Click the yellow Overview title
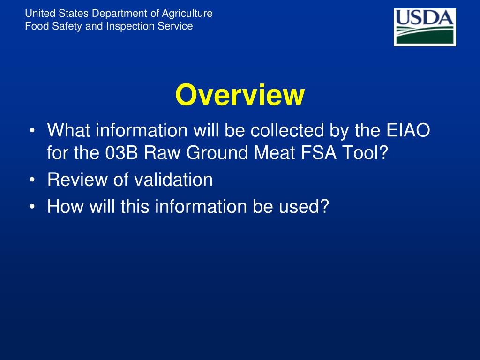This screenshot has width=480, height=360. pyautogui.click(x=240, y=95)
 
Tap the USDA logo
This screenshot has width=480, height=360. pyautogui.click(x=425, y=27)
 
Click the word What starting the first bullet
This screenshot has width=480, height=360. pyautogui.click(x=68, y=131)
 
